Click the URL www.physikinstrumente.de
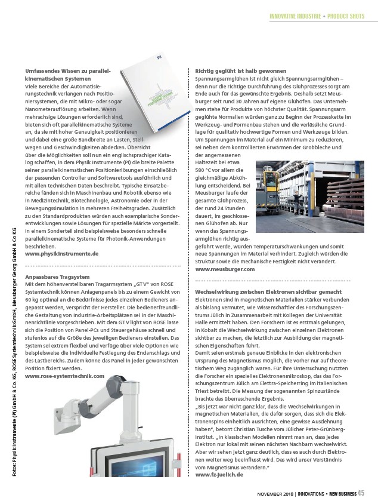(62, 253)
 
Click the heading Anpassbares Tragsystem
(57, 276)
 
